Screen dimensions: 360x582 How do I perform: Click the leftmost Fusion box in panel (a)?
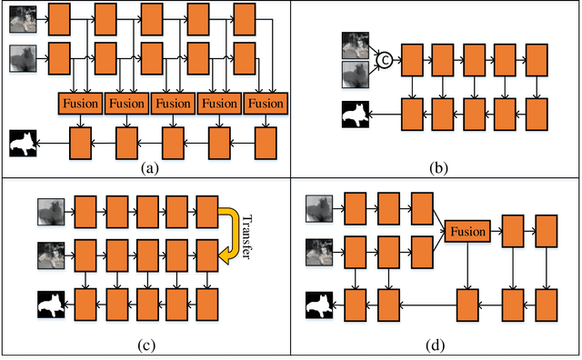point(80,104)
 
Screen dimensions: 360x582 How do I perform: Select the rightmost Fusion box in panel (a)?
point(266,104)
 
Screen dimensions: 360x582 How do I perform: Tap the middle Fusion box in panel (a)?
point(173,104)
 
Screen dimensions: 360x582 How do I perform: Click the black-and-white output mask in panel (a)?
point(24,143)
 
